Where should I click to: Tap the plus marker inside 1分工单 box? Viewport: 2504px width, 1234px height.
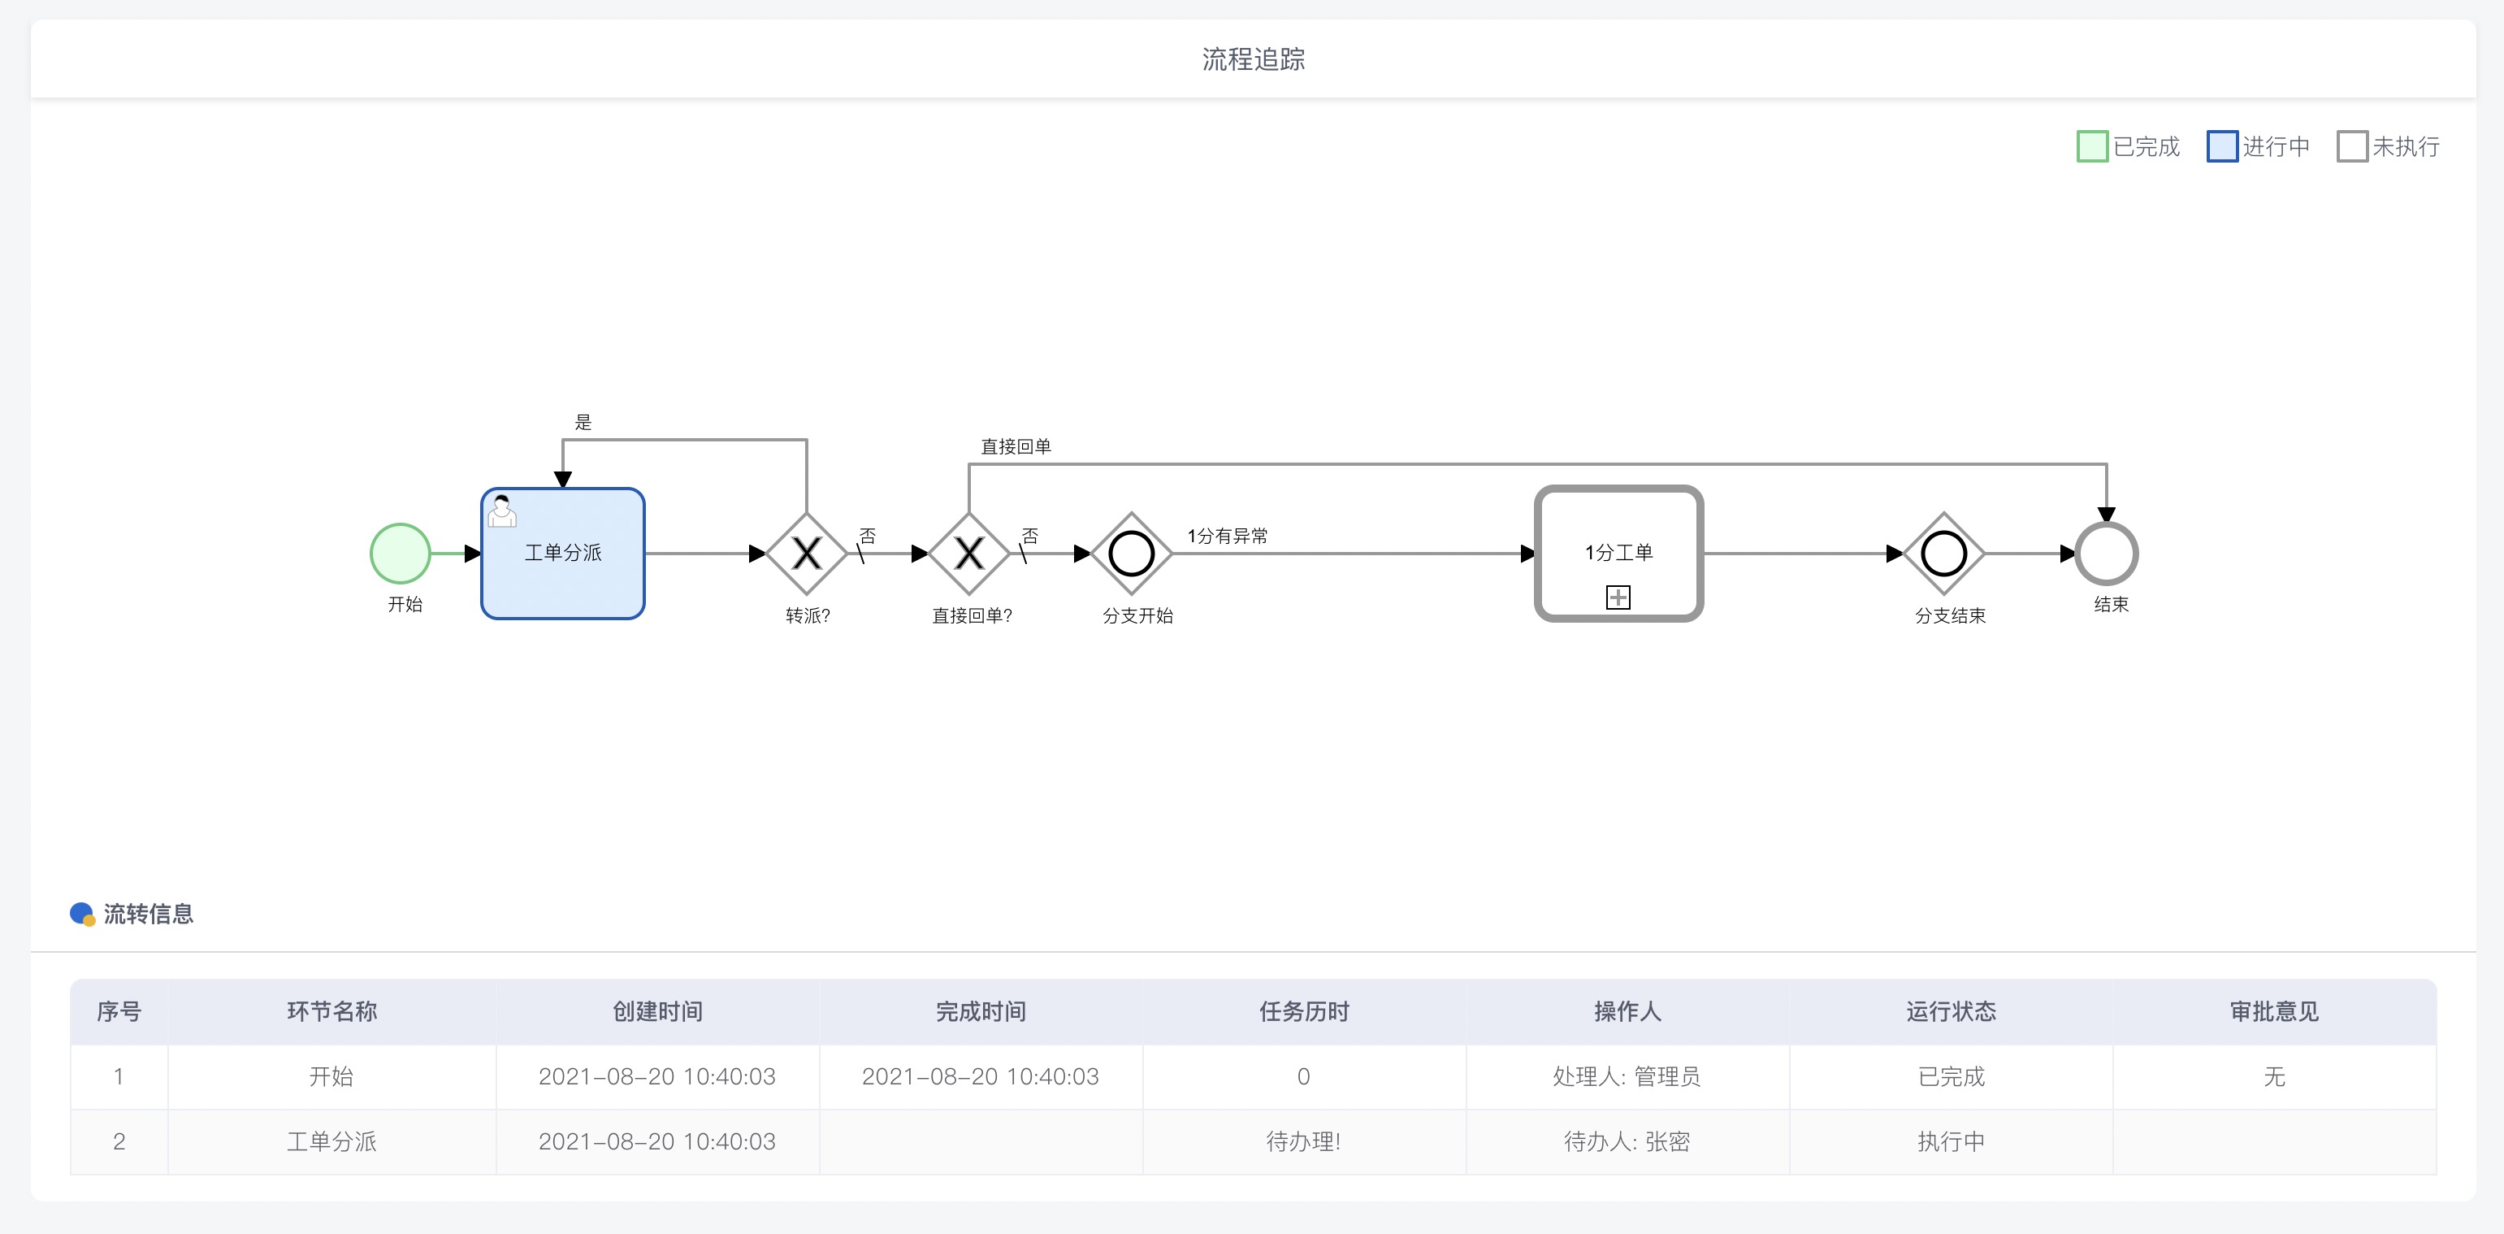[x=1618, y=597]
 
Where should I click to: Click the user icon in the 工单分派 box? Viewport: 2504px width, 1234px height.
[x=501, y=511]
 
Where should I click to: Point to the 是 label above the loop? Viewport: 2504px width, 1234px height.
[x=583, y=422]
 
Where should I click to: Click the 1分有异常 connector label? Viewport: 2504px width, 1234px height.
[x=1227, y=536]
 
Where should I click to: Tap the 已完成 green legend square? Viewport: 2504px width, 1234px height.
[x=2092, y=146]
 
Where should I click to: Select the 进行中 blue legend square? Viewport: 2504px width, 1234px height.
[x=2222, y=146]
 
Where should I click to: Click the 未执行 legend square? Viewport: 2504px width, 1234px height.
[x=2352, y=146]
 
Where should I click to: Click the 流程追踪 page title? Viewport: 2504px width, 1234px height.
[x=1253, y=59]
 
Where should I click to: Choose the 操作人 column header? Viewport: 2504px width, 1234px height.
[x=1627, y=1011]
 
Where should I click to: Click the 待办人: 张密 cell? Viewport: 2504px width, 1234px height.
[x=1627, y=1141]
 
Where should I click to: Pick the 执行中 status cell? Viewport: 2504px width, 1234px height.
[x=1951, y=1141]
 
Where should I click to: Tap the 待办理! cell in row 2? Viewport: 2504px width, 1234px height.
[x=1303, y=1141]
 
